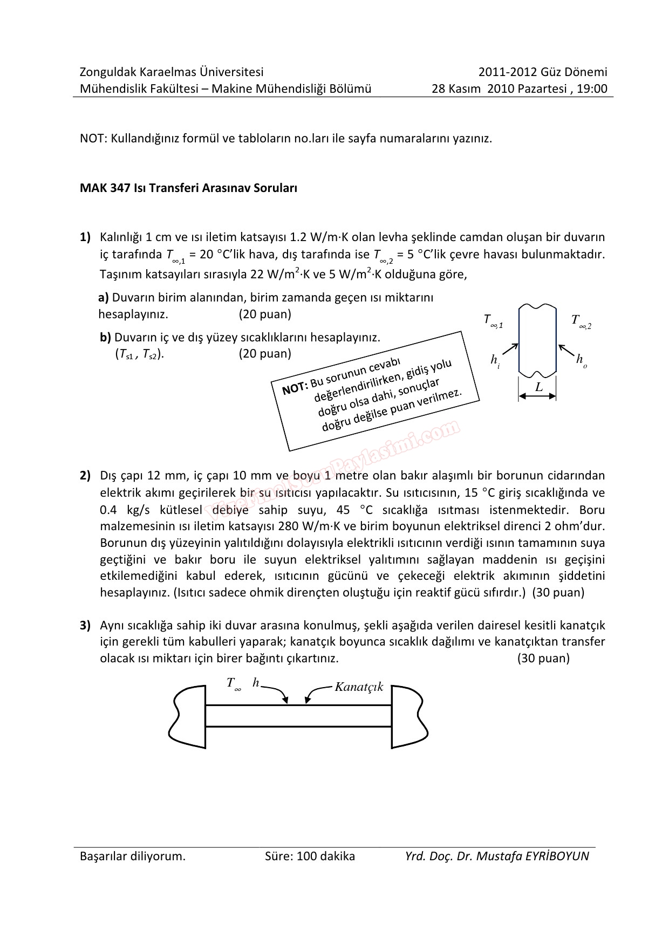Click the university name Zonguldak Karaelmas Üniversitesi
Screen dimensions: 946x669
(x=172, y=72)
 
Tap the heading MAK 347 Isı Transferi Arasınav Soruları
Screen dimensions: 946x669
(x=188, y=189)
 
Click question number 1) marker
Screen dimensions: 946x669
(x=85, y=237)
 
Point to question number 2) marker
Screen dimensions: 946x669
(x=85, y=476)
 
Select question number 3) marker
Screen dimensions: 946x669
(x=85, y=626)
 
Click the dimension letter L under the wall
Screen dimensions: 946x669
(x=538, y=387)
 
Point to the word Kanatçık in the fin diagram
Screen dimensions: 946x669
(x=359, y=687)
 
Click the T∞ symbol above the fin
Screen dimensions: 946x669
(x=233, y=684)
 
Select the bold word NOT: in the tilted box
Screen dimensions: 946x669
(x=295, y=387)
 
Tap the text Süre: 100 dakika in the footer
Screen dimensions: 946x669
(x=310, y=856)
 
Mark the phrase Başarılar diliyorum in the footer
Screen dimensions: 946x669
(x=132, y=856)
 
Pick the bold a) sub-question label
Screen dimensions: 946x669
(x=104, y=297)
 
